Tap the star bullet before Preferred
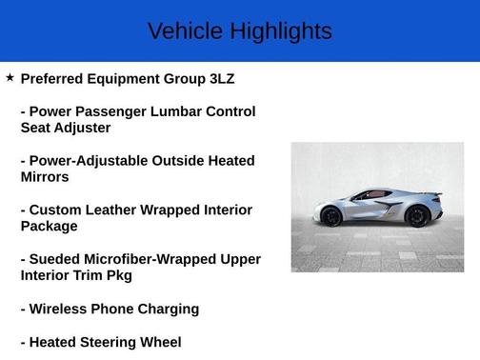click(10, 77)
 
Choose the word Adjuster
click(85, 128)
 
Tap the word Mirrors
click(45, 177)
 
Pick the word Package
click(49, 227)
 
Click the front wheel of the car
click(331, 216)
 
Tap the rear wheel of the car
click(416, 216)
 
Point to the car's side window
click(366, 194)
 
